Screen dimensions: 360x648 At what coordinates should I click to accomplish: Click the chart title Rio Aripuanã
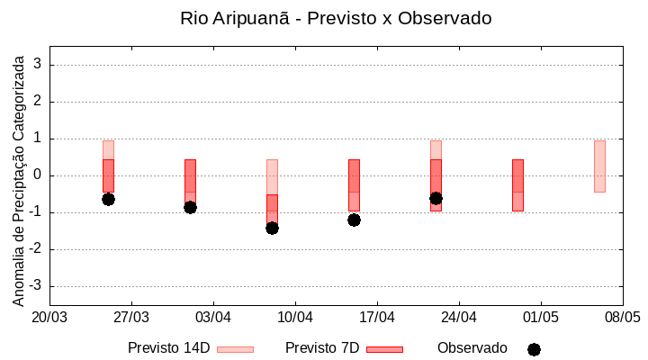click(336, 18)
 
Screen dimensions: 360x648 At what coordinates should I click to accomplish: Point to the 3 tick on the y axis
click(39, 65)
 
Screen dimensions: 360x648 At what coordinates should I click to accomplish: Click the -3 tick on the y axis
click(36, 286)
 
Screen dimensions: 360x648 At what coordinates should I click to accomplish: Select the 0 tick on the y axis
click(39, 175)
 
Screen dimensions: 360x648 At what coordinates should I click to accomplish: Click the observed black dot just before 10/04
click(272, 228)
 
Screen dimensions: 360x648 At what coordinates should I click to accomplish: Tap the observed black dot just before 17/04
click(354, 220)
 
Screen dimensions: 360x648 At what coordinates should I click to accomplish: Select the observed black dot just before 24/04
click(436, 198)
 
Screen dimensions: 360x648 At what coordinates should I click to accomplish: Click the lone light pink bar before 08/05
click(599, 166)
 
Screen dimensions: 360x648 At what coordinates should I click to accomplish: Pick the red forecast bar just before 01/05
click(517, 184)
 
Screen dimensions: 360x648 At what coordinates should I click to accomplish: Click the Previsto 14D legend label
click(168, 348)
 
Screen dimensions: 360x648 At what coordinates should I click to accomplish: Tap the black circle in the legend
click(534, 349)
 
